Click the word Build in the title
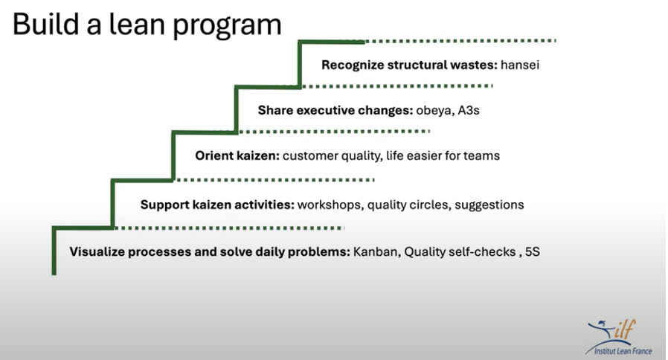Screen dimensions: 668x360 45,24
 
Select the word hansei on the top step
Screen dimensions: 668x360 520,65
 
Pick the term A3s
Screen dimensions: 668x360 469,110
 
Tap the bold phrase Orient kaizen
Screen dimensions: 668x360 237,155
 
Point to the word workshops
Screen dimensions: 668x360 330,205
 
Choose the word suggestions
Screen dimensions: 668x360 489,205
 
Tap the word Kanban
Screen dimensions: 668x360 376,252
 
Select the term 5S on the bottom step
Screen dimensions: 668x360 532,252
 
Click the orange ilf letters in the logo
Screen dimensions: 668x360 625,329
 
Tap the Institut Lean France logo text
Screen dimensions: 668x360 623,351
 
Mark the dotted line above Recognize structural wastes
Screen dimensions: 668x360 460,41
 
